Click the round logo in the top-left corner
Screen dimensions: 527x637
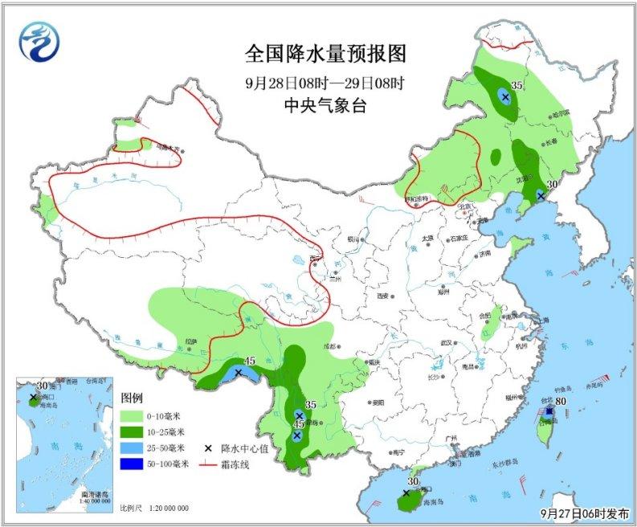(38, 40)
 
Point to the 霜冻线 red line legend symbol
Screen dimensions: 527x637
(213, 464)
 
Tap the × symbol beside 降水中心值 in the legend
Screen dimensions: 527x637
(213, 447)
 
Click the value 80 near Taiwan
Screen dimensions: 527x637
(561, 402)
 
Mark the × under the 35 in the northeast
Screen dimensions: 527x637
(505, 97)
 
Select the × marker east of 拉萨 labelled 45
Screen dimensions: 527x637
(239, 373)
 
